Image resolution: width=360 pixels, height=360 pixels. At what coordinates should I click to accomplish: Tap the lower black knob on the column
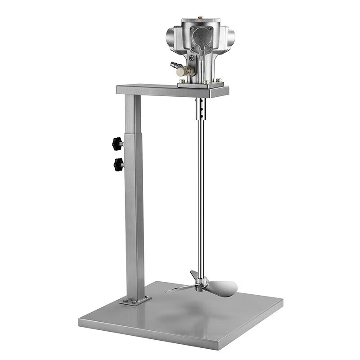[x=118, y=164]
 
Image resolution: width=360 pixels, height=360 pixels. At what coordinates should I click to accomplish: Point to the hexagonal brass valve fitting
[x=182, y=71]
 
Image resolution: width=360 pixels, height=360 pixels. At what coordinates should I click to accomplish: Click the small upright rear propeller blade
[x=194, y=275]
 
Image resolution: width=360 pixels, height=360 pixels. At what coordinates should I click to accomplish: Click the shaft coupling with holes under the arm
[x=201, y=108]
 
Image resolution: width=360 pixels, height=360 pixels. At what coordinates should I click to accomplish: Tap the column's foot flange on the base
[x=135, y=300]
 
